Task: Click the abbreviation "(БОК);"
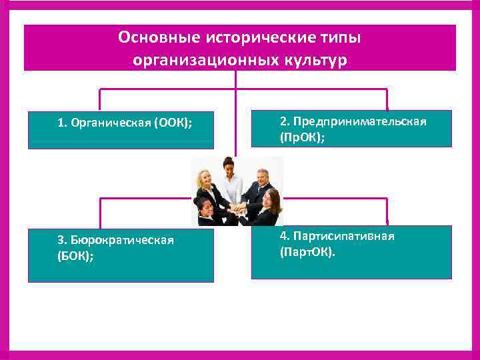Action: click(x=75, y=255)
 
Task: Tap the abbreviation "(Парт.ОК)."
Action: click(x=308, y=253)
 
